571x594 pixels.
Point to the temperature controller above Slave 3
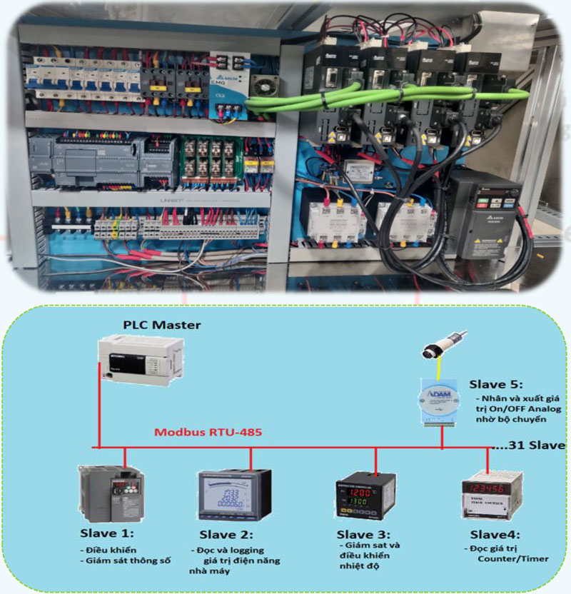point(365,495)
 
